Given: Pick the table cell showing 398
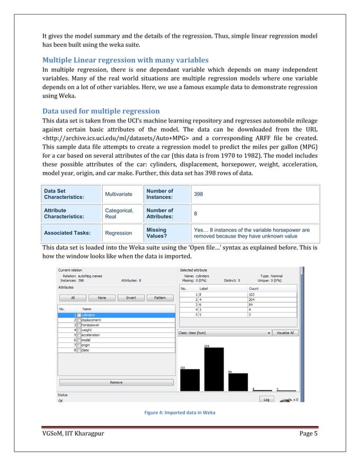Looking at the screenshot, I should [199, 194].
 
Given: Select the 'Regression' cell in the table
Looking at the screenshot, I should [118, 232].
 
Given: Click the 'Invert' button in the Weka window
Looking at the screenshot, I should [130, 297].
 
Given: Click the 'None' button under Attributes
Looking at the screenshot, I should [102, 297].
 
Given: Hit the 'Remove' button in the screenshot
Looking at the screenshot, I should [116, 383].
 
